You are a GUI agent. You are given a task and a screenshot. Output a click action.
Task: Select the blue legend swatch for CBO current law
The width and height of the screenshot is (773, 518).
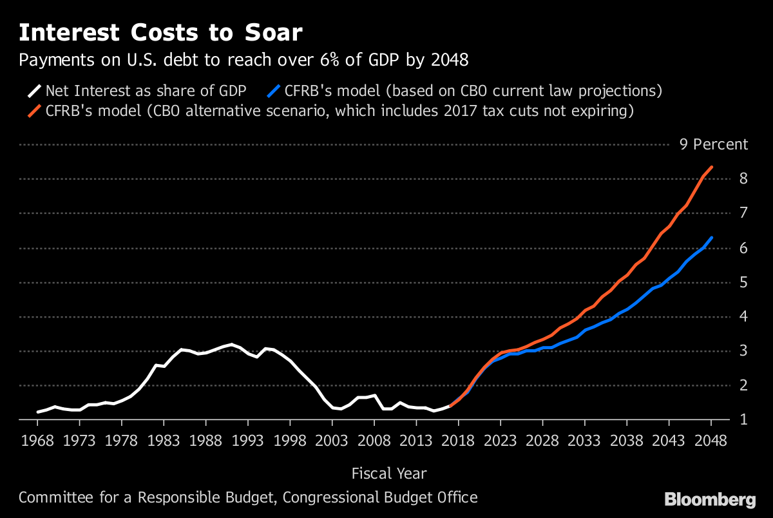[x=277, y=91]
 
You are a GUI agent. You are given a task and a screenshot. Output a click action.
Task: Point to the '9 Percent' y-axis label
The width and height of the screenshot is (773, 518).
[x=714, y=144]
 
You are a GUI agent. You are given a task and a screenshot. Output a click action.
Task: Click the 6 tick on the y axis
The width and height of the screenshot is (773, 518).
[x=743, y=247]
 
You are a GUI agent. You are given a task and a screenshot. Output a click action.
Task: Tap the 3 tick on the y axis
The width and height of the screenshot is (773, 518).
[x=743, y=350]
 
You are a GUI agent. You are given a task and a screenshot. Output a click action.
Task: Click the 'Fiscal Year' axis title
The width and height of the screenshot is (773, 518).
[x=388, y=474]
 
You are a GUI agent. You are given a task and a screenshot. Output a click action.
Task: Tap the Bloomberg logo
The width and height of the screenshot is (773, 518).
[x=710, y=499]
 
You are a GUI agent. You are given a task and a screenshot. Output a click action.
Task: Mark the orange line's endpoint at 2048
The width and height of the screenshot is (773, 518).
[x=711, y=168]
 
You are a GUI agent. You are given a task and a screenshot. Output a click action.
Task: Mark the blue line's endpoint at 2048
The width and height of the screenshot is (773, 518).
[x=711, y=238]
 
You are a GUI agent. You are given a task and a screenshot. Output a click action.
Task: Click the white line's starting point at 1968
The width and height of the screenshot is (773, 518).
[x=38, y=412]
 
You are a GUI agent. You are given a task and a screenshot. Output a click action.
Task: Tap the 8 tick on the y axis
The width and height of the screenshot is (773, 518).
[x=743, y=178]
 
